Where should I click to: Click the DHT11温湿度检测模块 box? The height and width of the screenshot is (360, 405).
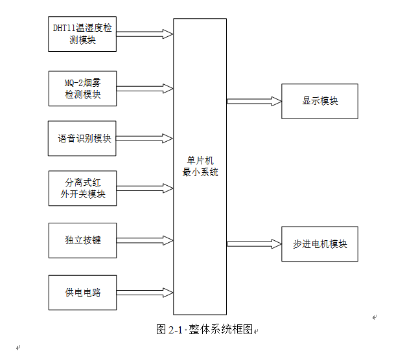[82, 34]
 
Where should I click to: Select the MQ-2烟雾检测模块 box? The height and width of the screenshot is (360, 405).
[83, 89]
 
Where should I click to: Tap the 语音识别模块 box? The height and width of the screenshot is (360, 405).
[82, 139]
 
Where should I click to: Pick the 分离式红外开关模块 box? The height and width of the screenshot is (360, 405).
[83, 188]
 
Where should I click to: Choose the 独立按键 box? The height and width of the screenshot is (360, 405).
[83, 240]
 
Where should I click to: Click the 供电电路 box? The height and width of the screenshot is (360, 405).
[83, 293]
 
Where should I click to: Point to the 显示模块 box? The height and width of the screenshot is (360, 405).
[319, 101]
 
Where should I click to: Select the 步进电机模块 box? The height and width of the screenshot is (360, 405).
[319, 244]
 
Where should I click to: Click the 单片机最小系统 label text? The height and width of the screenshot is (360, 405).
[200, 166]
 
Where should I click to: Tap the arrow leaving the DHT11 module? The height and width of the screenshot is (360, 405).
[145, 34]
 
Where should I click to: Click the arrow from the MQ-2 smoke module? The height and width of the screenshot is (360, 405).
[145, 89]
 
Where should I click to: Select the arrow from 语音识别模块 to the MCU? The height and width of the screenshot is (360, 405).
[145, 139]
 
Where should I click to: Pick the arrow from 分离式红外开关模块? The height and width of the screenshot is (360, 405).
[145, 188]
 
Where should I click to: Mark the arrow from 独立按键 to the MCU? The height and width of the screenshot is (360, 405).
[145, 240]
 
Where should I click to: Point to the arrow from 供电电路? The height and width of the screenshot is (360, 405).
[145, 293]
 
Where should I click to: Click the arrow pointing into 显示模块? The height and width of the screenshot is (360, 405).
[254, 101]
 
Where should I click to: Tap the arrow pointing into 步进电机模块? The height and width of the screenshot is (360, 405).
[254, 244]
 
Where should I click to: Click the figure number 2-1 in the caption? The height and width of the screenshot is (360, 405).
[176, 330]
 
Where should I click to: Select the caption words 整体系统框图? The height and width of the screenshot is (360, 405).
[220, 330]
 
